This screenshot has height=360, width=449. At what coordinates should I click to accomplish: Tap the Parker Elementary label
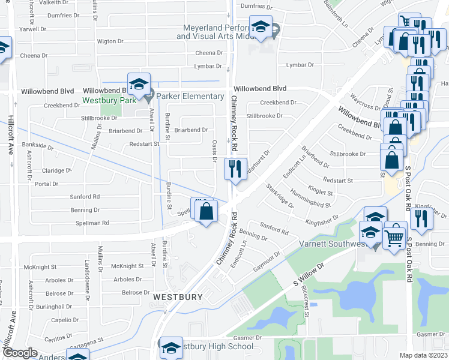coord(190,97)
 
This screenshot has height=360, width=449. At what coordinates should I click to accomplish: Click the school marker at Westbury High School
coord(170,347)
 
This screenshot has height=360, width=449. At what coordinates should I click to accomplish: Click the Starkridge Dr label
coord(280,196)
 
